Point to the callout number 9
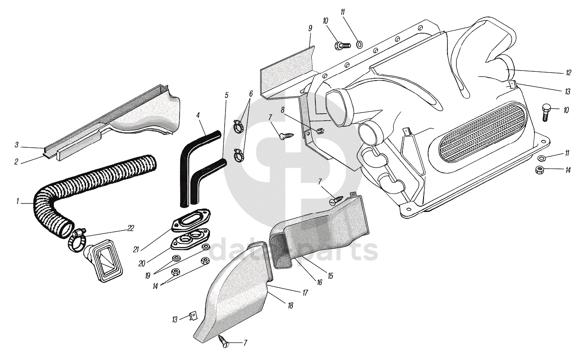coord(310,29)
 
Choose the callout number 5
coord(227,96)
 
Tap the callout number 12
coord(569,72)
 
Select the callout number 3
coord(16,145)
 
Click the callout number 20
coord(142,263)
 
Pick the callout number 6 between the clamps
coord(251,94)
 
